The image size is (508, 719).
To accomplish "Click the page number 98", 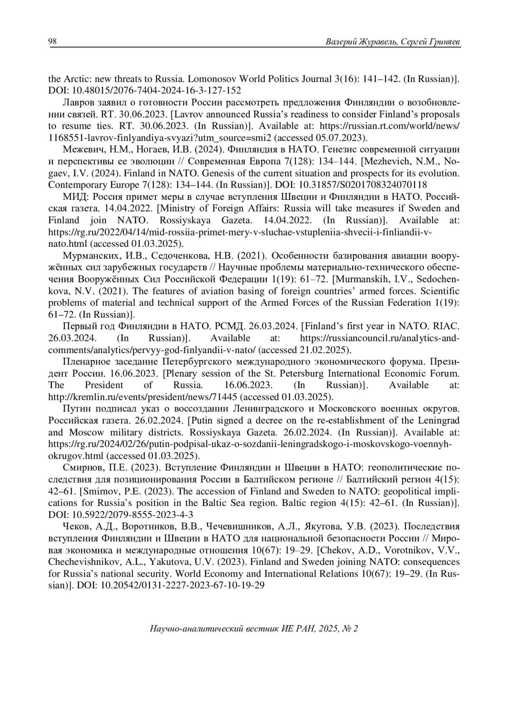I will tap(52, 41).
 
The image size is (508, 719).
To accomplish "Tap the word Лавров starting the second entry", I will tap(76, 103).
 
